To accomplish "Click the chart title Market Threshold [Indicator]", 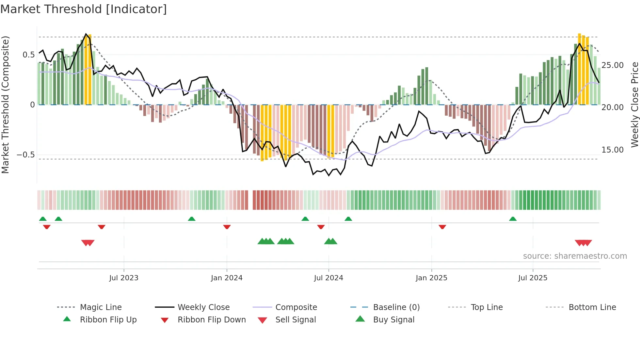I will pos(84,9).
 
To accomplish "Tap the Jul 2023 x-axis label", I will pos(124,278).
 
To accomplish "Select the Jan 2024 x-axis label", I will pos(227,278).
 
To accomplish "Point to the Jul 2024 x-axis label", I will pos(328,278).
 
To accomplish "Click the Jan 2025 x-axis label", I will pos(431,278).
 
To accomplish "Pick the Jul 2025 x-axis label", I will pos(533,278).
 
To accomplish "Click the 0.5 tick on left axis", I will pos(28,55).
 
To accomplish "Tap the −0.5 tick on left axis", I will pos(26,155).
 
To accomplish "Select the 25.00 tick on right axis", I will pos(613,65).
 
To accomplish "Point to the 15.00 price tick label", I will pos(613,150).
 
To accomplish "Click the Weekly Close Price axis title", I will pos(634,105).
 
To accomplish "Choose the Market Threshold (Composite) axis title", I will pos(6,105).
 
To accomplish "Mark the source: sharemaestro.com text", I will pos(575,256).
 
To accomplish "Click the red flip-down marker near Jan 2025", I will pos(442,227).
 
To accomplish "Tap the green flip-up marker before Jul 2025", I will pos(513,219).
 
